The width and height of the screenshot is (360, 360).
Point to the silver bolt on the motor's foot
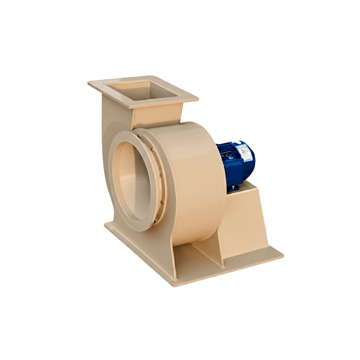[232, 185]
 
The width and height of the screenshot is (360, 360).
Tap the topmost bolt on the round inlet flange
[138, 135]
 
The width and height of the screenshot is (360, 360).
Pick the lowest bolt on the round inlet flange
[153, 221]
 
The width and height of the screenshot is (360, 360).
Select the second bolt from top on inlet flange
[152, 150]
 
